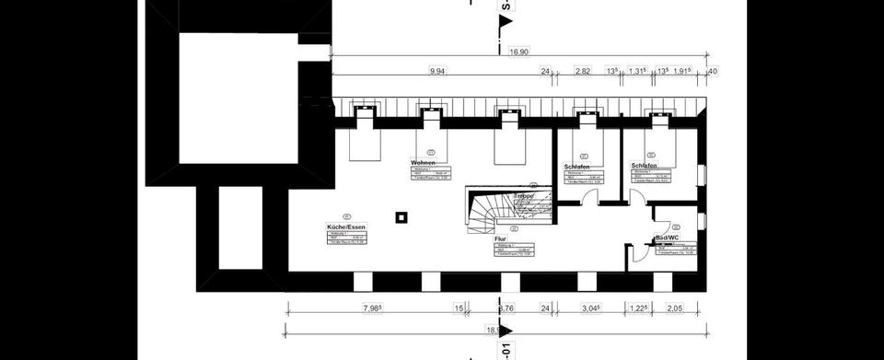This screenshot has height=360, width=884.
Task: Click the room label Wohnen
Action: [423, 162]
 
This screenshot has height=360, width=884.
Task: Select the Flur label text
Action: [502, 238]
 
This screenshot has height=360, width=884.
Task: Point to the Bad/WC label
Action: [668, 238]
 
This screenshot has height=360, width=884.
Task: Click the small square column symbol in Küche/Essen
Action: [400, 218]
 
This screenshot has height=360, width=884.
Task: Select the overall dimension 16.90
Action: [519, 53]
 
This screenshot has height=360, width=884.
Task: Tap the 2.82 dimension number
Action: [582, 70]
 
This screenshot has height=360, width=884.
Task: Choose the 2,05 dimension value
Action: [675, 308]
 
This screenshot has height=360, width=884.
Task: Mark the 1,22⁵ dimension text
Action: [638, 308]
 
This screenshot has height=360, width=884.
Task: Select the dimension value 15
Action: [458, 308]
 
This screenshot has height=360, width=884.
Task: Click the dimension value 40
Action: [713, 70]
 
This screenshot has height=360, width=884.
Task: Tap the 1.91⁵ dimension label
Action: [681, 70]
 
